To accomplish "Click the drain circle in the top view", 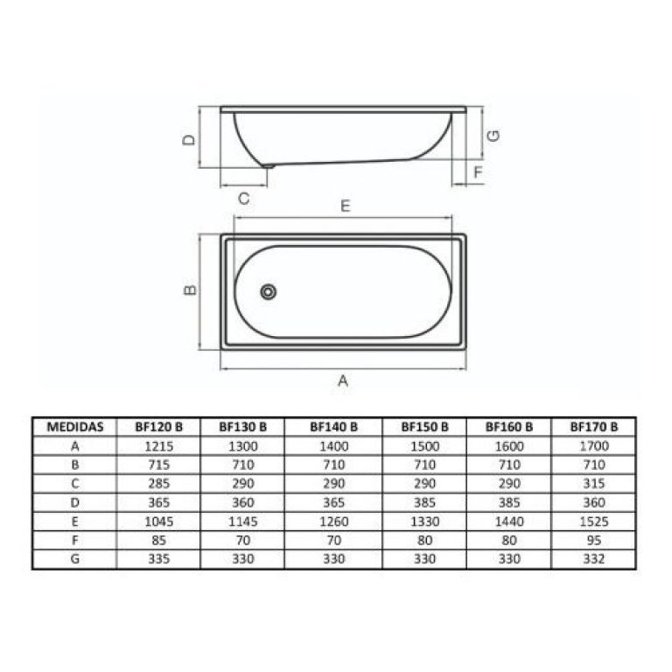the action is click(269, 292).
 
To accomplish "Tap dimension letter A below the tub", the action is click(343, 380).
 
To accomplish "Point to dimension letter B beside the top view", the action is click(190, 290).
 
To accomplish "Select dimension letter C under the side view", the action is click(243, 199).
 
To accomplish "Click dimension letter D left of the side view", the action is click(189, 140).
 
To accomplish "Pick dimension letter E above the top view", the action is click(346, 206).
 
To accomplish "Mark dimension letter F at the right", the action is click(478, 172).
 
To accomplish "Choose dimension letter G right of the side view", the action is click(493, 136).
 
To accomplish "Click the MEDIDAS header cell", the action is click(75, 427).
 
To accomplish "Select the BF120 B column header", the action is click(158, 427).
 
